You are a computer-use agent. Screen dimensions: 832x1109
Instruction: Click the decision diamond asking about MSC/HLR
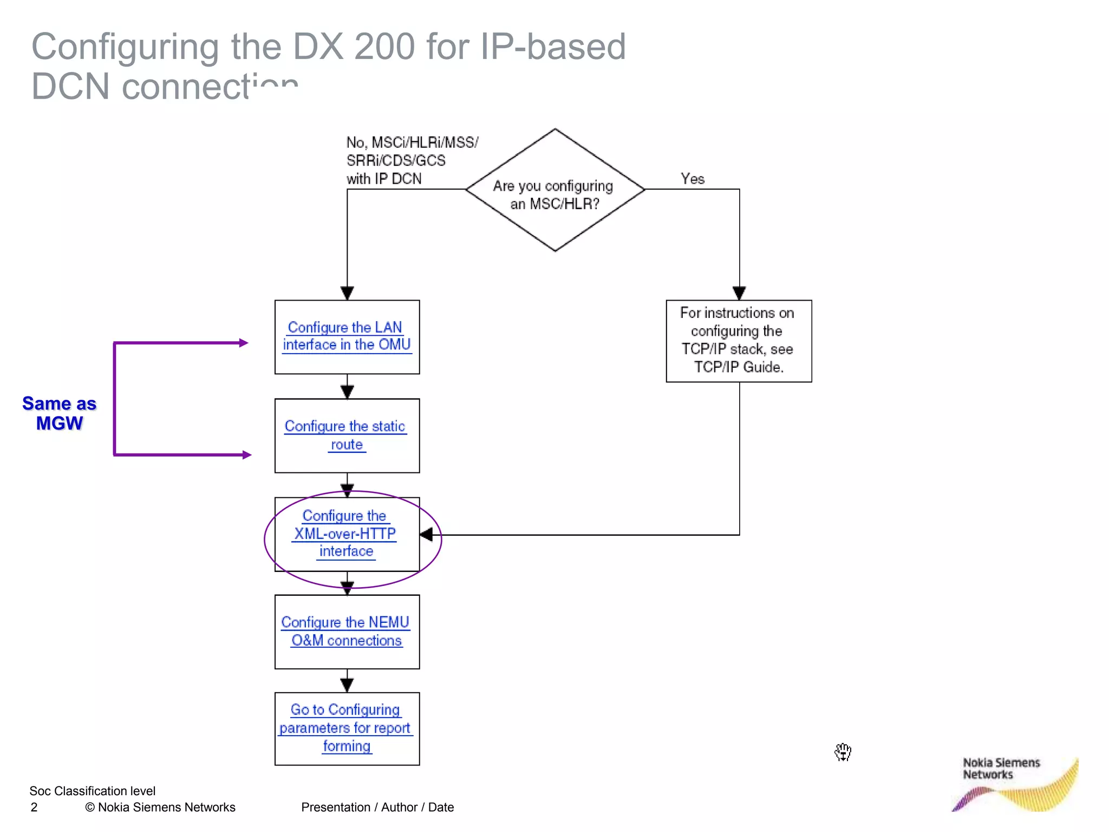click(x=554, y=191)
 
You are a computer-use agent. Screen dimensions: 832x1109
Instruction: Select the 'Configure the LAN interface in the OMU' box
click(x=347, y=336)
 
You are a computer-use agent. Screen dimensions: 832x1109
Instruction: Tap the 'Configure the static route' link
click(x=346, y=435)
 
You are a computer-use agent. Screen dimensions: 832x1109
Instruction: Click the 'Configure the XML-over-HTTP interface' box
click(x=346, y=534)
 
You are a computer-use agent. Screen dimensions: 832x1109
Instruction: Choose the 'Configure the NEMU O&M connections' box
click(x=346, y=632)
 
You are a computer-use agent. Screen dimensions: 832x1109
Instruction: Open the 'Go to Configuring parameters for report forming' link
click(x=346, y=728)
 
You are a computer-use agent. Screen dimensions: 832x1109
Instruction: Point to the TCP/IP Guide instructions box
click(x=738, y=341)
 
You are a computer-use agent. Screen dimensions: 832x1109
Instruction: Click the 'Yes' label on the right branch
click(x=692, y=179)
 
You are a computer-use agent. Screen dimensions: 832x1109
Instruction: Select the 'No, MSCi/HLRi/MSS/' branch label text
click(x=412, y=142)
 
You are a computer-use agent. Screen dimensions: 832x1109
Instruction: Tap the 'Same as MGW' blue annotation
click(x=59, y=413)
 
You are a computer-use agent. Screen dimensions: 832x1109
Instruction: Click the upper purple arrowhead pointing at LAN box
click(x=244, y=343)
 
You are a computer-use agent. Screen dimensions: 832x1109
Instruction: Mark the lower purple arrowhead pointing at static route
click(x=246, y=455)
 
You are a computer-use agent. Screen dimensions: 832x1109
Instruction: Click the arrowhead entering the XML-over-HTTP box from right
click(x=427, y=535)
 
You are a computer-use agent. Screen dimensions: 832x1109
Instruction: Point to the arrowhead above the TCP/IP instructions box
click(x=739, y=293)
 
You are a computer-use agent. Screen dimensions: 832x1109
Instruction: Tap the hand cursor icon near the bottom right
click(x=843, y=752)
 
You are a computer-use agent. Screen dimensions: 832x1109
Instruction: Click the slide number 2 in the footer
click(x=34, y=807)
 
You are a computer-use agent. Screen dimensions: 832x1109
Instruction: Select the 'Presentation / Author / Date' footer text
click(x=377, y=807)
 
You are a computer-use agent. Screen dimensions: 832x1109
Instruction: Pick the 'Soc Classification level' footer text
click(x=92, y=791)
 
